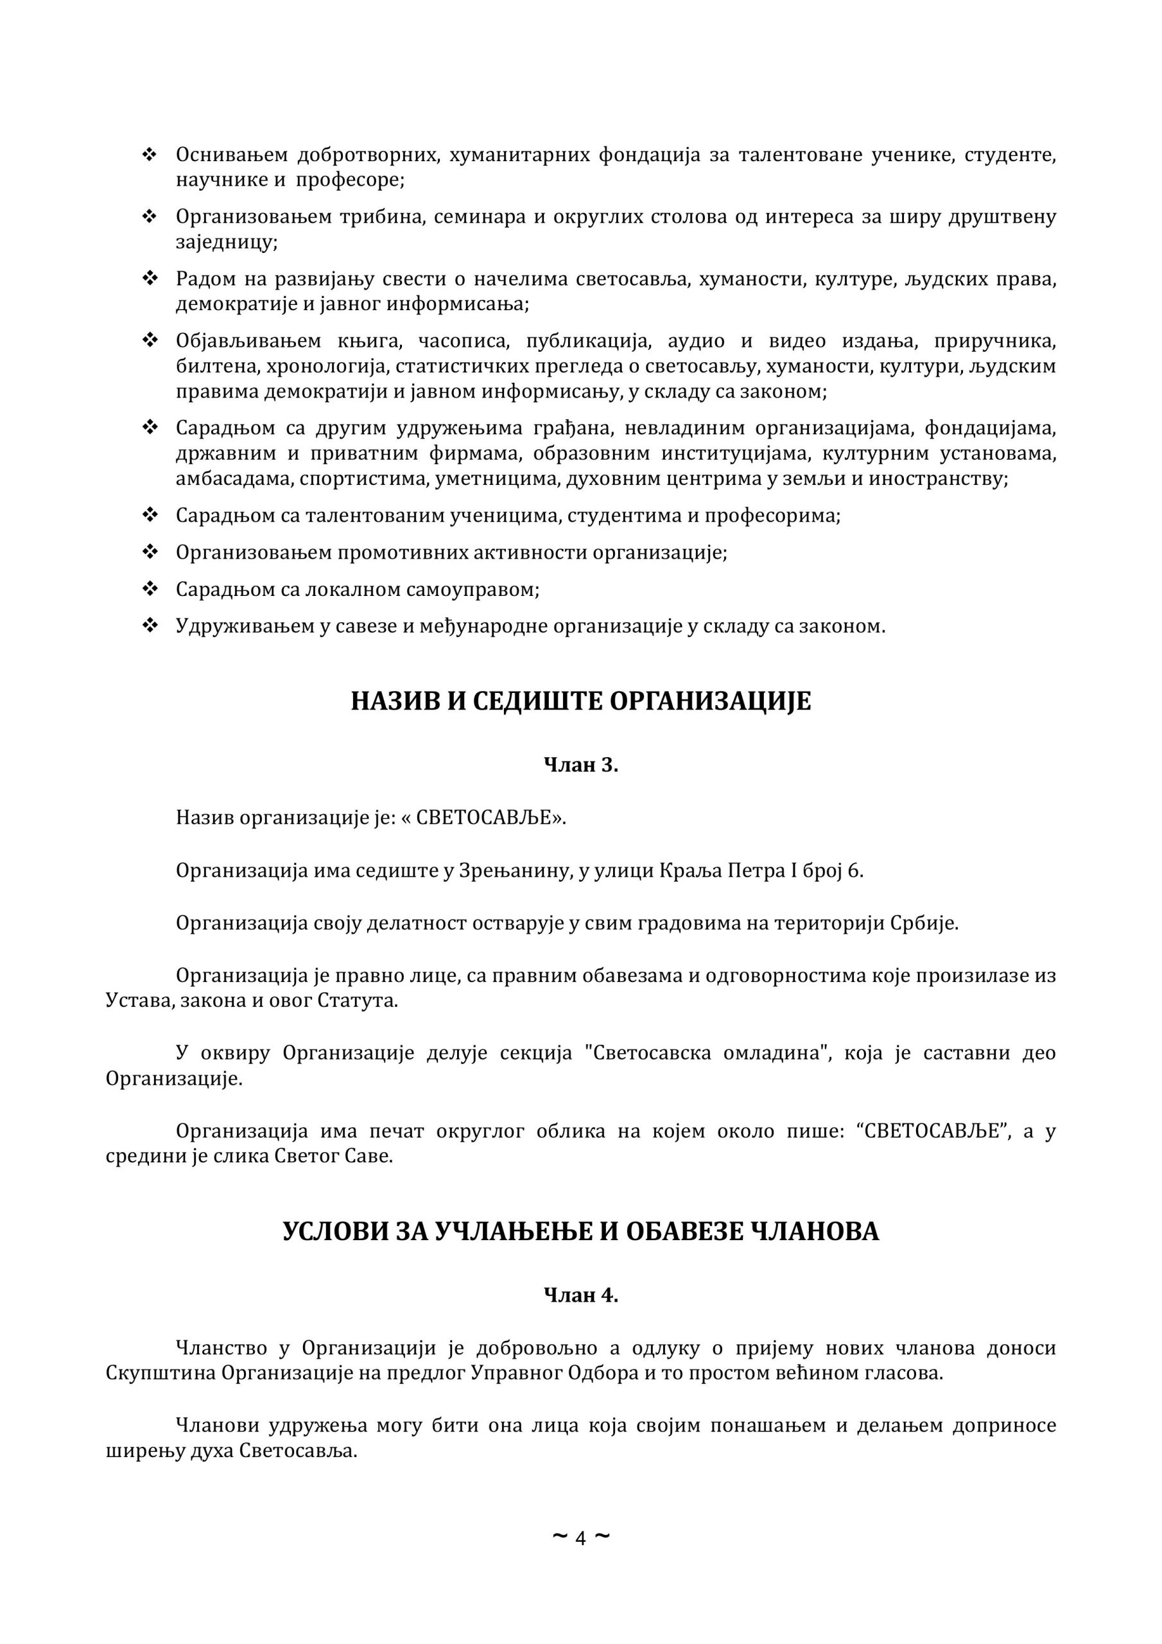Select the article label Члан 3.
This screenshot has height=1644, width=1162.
[580, 765]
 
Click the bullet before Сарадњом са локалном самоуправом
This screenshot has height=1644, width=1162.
[150, 590]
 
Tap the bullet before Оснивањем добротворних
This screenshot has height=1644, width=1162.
[150, 155]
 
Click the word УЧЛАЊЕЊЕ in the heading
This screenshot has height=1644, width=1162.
[514, 1232]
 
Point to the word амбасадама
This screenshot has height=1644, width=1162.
[232, 479]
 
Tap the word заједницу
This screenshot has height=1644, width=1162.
[225, 242]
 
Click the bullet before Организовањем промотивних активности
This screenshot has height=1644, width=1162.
[150, 552]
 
